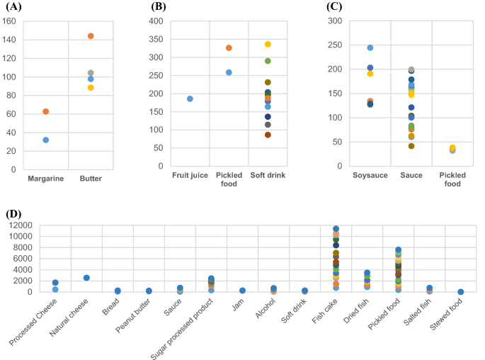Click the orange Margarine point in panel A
tap(46, 111)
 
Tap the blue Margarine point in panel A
tap(46, 140)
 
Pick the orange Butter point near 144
tap(91, 36)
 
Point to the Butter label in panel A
tap(91, 179)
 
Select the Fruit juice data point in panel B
tap(190, 99)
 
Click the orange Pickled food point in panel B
tap(229, 48)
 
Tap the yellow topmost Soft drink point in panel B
tap(268, 44)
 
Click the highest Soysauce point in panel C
tap(370, 48)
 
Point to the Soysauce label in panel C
tap(370, 175)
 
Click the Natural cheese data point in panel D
tap(86, 278)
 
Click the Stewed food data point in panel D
tap(461, 291)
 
